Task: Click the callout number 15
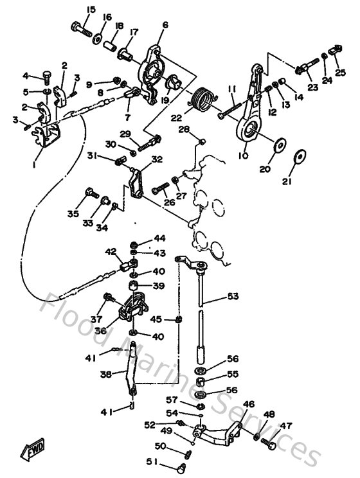(90, 9)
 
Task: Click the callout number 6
(165, 25)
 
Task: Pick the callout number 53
(231, 297)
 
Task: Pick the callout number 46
(249, 405)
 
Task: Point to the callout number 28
(184, 130)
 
